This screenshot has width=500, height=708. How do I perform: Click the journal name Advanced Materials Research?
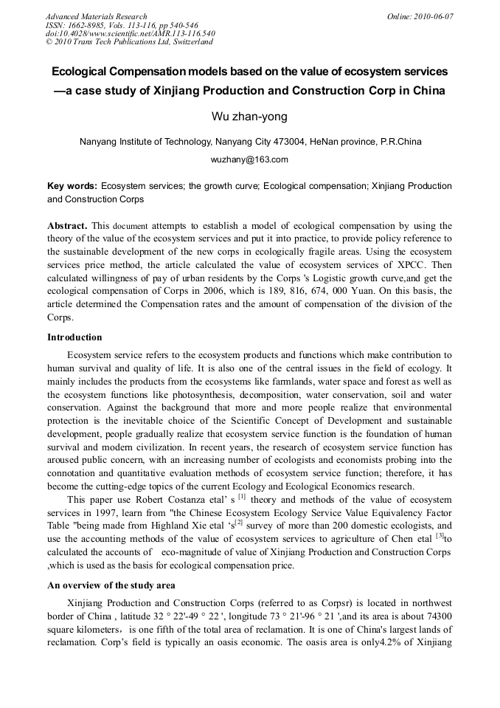[x=96, y=16]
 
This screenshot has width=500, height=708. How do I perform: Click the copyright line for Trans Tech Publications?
[x=129, y=42]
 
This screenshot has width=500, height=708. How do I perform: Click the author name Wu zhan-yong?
[x=249, y=116]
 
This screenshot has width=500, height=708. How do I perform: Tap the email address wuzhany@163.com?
[x=249, y=159]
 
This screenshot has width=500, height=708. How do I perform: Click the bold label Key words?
[x=72, y=186]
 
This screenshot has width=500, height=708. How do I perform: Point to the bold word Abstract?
[x=67, y=225]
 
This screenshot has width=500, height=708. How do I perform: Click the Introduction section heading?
[x=74, y=337]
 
